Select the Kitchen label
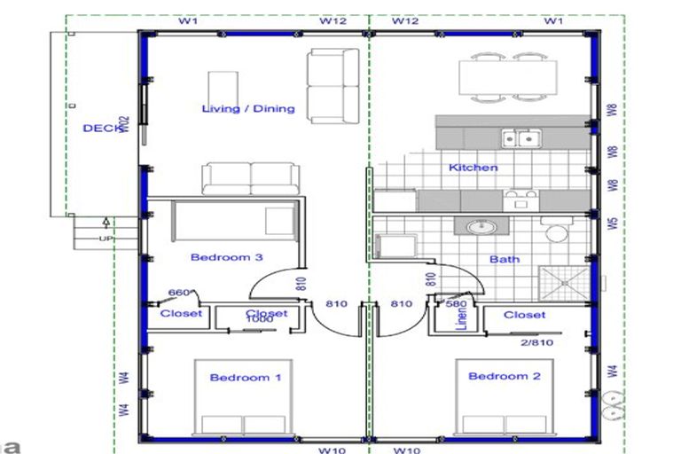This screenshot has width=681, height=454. (x=473, y=168)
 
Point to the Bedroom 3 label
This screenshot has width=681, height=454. (x=226, y=258)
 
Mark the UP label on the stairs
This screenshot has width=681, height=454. (x=106, y=239)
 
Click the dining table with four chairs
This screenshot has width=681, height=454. (x=508, y=76)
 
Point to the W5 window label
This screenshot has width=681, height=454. (x=612, y=223)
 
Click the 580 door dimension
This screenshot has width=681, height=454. (x=456, y=303)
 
